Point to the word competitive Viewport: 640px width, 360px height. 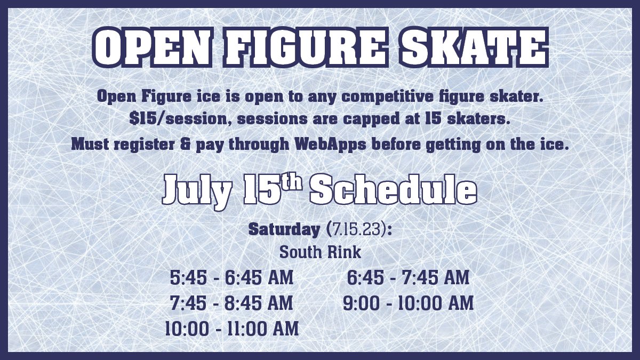362,97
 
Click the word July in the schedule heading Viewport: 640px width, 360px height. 195,190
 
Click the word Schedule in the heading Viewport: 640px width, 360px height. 393,190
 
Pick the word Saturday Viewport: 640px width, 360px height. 283,230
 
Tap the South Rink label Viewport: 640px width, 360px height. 320,252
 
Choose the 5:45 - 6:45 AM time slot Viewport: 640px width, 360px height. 231,278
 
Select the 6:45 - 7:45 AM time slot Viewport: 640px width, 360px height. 408,278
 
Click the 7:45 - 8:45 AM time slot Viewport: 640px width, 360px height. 231,303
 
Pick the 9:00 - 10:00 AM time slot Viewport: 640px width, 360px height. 408,303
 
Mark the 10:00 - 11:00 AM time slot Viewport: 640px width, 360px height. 231,328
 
